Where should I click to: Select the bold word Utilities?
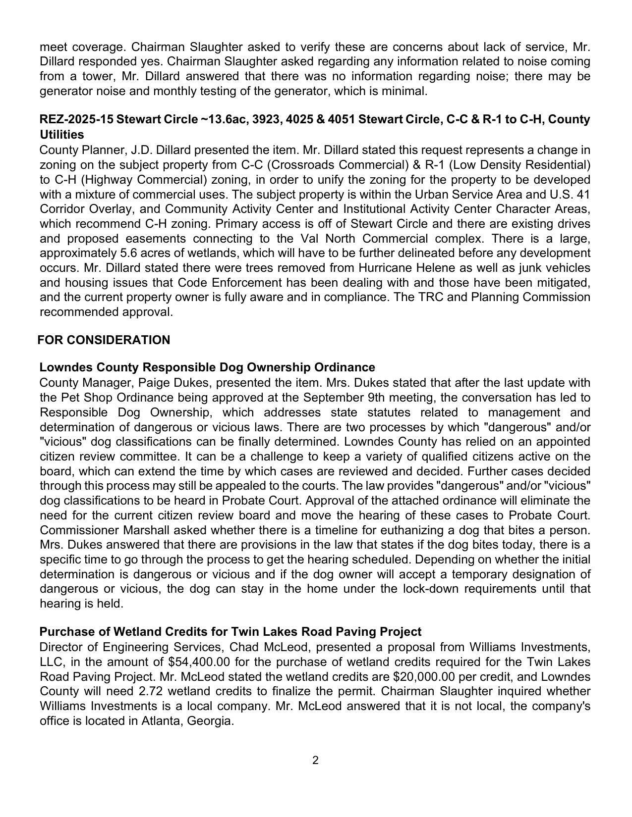coord(62,134)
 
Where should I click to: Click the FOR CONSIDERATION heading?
coord(104,340)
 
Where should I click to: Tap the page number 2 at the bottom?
coord(316,760)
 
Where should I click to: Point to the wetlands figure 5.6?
coord(130,253)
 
